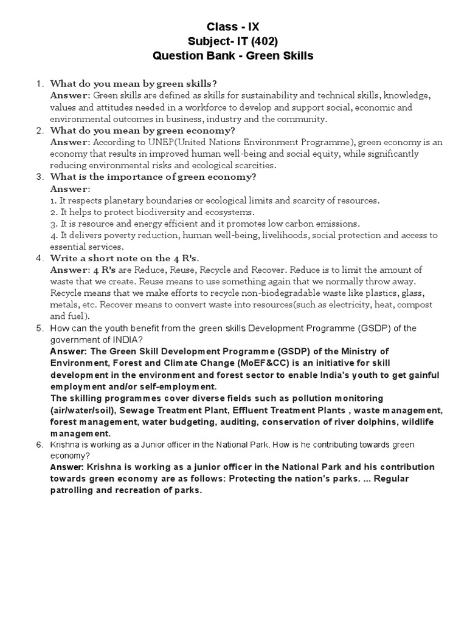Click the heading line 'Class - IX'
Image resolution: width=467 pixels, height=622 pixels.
tap(233, 26)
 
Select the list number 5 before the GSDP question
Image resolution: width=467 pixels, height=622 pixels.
tap(40, 329)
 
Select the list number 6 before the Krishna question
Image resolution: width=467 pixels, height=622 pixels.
tap(40, 445)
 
